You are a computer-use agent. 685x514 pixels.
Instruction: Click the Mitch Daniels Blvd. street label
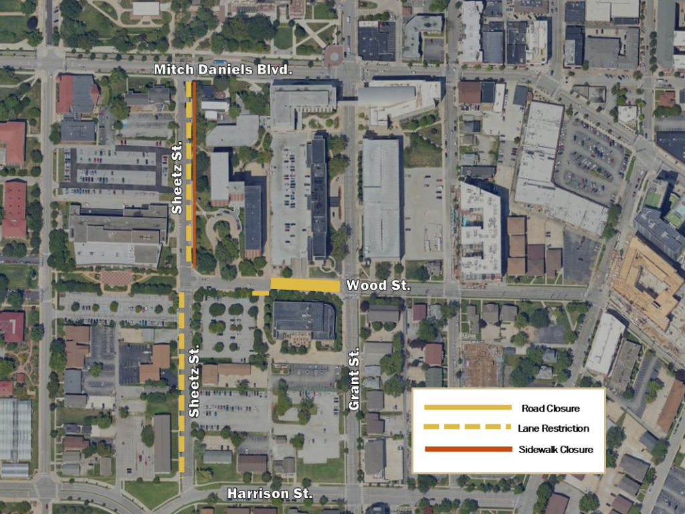[223, 70]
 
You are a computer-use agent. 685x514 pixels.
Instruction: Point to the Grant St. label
[355, 379]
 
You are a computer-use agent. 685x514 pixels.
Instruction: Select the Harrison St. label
[270, 494]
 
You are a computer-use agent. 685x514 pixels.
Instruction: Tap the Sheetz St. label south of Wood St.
[195, 381]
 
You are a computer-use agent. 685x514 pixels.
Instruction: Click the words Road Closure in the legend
[550, 408]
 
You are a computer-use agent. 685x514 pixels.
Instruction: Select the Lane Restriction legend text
[553, 428]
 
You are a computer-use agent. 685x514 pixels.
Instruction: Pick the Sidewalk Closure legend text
[556, 449]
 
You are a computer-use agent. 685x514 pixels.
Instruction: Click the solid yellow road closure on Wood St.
[305, 286]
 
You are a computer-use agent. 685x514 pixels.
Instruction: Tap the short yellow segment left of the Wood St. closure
[261, 292]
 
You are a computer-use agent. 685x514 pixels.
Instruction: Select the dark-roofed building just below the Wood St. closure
[304, 320]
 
